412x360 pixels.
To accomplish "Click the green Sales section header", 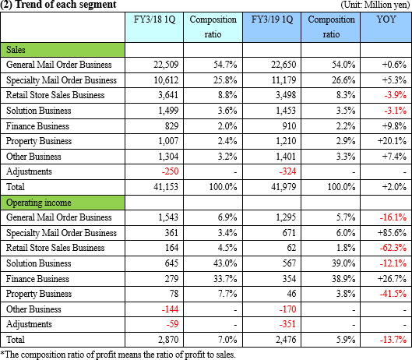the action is coord(62,50).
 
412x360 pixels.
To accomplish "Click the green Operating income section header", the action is coord(62,203).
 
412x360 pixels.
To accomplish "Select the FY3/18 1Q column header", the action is coord(154,19).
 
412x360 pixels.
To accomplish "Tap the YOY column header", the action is coord(386,19).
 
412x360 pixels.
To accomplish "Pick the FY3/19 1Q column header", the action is coord(272,19).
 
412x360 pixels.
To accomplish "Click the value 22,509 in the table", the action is coord(166,65).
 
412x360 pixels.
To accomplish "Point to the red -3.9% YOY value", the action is coord(395,95).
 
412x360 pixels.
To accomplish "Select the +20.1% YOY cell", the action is coord(392,141).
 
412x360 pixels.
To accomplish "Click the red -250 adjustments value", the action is coord(170,171).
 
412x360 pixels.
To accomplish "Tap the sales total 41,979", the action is coord(283,187).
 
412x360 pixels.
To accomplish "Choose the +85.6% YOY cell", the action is coord(392,233).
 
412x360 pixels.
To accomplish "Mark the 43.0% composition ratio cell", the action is coord(225,263).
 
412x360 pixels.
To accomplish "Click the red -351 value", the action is coord(287,324).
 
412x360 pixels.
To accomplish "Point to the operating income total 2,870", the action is coord(168,340).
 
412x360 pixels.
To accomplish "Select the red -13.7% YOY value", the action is coord(393,340).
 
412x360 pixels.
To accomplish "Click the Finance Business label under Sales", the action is coord(37,126).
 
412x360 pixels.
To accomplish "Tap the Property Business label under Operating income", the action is coord(39,294).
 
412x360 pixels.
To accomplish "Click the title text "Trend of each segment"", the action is coord(66,5).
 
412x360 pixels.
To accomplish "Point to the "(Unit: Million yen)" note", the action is coord(375,5).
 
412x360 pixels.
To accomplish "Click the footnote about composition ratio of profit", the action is coord(118,355).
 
